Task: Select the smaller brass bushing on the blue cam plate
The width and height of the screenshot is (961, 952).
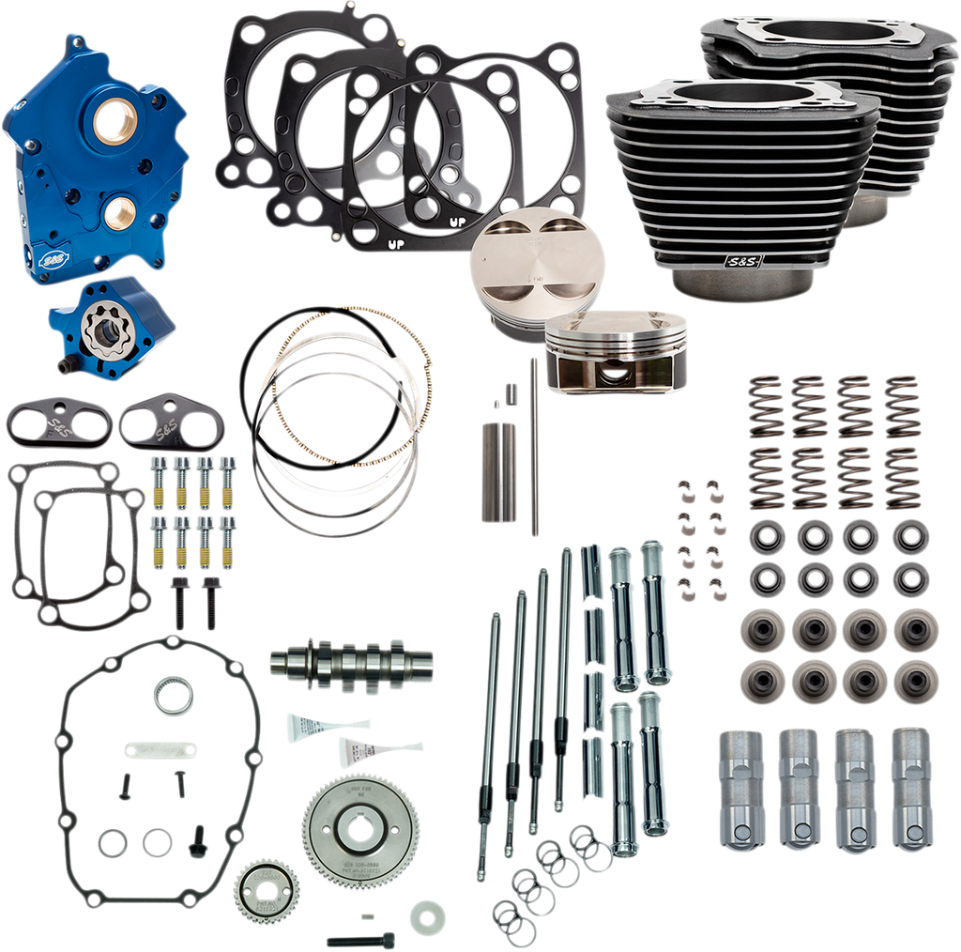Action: (x=116, y=213)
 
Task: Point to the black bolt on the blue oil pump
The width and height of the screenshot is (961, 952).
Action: (x=67, y=360)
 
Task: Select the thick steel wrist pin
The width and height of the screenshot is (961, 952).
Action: (x=495, y=470)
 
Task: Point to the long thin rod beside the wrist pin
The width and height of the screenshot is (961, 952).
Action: (x=533, y=446)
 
